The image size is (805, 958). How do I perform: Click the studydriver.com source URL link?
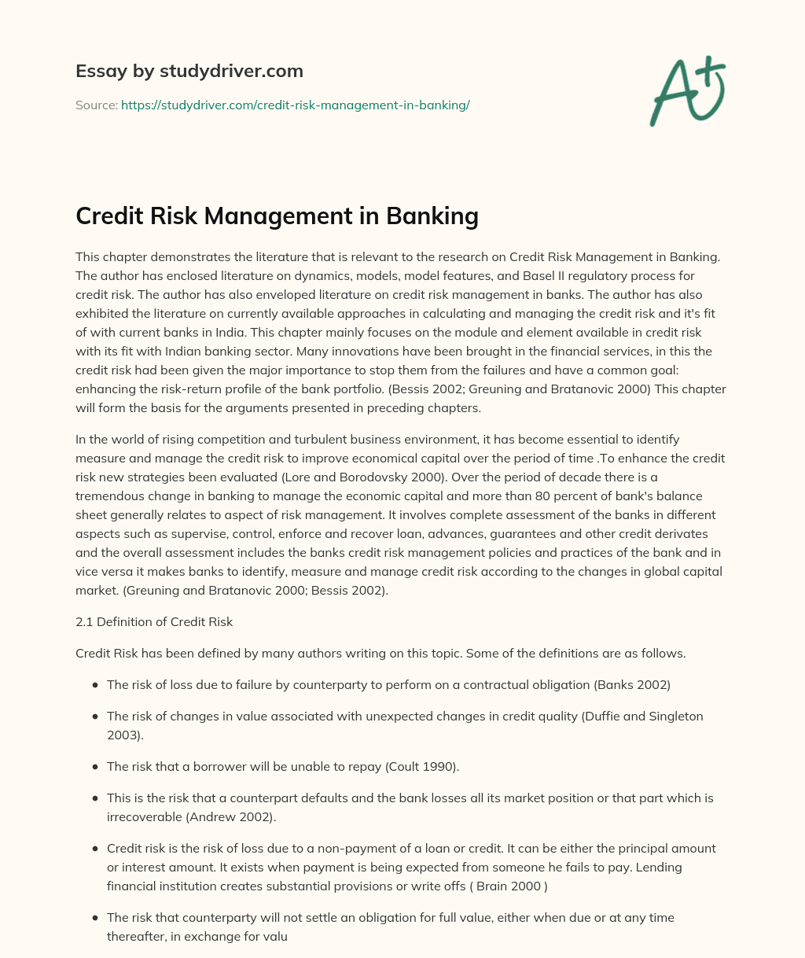pyautogui.click(x=295, y=105)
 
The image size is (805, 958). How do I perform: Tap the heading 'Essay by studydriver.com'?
pyautogui.click(x=189, y=71)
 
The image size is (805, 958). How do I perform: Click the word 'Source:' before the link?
pyautogui.click(x=97, y=105)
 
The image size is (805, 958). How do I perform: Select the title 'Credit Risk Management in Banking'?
pyautogui.click(x=277, y=216)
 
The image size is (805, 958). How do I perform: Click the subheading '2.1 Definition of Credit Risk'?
pyautogui.click(x=154, y=621)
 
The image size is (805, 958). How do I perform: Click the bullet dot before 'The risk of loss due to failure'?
pyautogui.click(x=95, y=685)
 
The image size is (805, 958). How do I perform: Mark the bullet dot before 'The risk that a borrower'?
pyautogui.click(x=95, y=767)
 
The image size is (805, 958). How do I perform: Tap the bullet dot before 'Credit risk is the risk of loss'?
pyautogui.click(x=95, y=849)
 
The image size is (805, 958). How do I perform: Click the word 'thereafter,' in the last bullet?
pyautogui.click(x=138, y=936)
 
